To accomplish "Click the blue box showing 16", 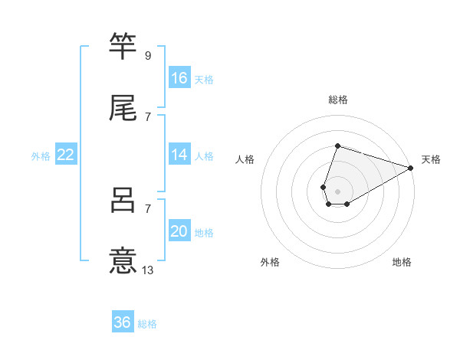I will (179, 78).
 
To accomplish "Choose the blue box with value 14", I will (179, 155).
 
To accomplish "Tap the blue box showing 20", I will (179, 231).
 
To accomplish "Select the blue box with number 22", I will (66, 155).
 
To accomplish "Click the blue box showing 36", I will (123, 322).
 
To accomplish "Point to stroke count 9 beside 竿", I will (148, 56).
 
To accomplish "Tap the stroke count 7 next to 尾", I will (148, 116).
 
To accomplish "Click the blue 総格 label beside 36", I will (147, 324).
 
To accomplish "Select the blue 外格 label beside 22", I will (41, 156).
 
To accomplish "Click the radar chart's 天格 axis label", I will (431, 159).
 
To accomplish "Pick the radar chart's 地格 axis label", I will (402, 262).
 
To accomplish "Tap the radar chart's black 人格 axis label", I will (245, 159).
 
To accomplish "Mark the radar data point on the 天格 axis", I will (410, 167).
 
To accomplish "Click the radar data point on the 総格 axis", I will (337, 146).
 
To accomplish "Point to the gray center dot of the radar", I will (337, 190).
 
